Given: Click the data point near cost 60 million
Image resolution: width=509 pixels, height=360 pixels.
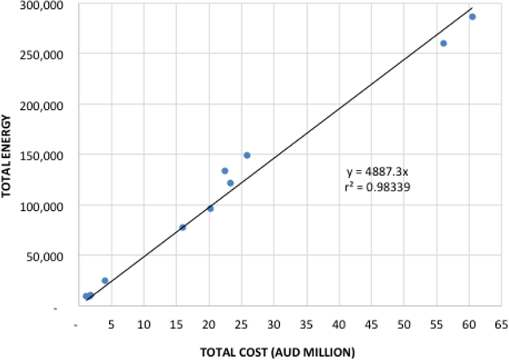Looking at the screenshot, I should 472,17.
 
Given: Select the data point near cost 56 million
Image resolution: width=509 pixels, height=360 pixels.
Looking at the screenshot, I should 444,43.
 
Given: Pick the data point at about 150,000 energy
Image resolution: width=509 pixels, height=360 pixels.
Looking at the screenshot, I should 247,156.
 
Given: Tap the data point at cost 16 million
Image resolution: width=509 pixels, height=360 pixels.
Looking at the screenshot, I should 182,227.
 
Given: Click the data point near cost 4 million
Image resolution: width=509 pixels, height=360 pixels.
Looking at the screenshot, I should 105,280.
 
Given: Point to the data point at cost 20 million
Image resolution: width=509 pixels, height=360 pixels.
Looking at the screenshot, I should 210,209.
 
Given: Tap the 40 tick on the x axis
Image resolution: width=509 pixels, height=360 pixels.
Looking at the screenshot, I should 339,323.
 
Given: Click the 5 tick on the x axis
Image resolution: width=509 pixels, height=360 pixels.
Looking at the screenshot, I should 112,323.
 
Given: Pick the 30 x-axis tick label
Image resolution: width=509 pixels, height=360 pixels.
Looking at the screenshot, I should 274,323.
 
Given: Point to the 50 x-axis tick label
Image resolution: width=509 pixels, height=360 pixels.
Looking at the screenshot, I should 404,323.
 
